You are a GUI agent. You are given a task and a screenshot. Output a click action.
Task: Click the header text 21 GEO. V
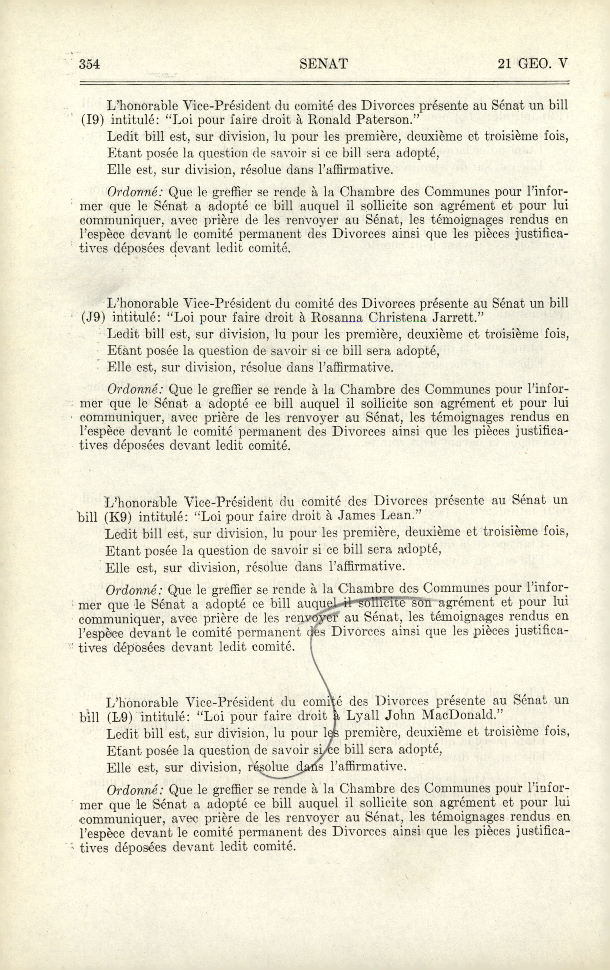pyautogui.click(x=532, y=64)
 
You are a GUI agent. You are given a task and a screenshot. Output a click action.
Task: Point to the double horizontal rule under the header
pyautogui.click(x=324, y=83)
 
